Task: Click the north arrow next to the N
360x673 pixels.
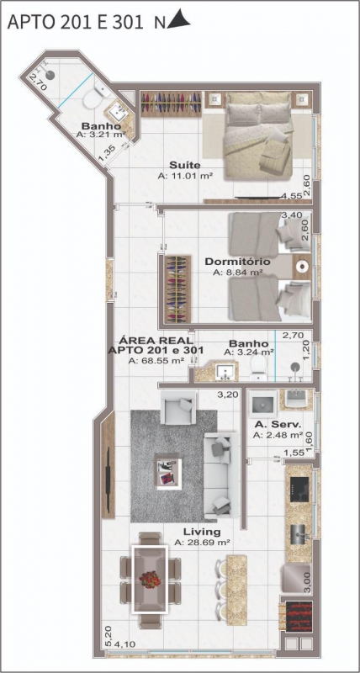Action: pos(179,19)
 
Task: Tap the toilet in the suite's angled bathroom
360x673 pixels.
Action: pos(95,97)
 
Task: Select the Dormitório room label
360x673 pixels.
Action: pos(237,262)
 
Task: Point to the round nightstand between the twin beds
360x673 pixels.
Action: pos(303,266)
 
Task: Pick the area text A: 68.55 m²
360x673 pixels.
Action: pos(156,361)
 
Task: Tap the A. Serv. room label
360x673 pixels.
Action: pos(278,425)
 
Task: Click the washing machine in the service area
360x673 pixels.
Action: pos(263,404)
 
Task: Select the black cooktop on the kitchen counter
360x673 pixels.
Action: pos(299,490)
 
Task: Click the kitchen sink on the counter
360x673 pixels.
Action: pos(299,535)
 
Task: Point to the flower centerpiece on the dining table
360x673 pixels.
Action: pos(150,579)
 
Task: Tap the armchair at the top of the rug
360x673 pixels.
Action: pos(178,408)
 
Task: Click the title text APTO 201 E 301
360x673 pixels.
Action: pos(75,22)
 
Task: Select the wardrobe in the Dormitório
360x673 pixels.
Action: pos(178,289)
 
